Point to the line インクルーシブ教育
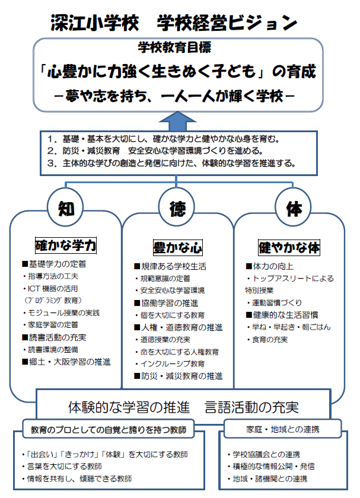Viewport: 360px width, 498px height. pyautogui.click(x=172, y=363)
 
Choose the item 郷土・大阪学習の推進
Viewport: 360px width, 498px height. pyautogui.click(x=66, y=361)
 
